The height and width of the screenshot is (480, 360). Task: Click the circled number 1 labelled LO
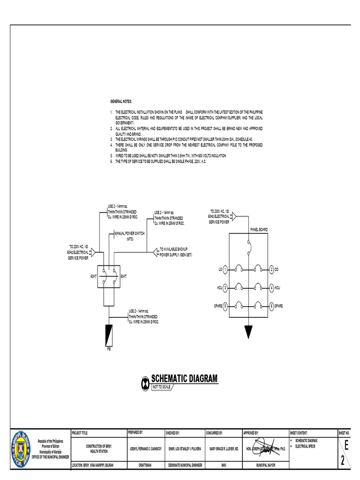click(x=225, y=270)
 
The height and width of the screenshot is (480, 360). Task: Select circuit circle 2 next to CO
click(x=271, y=270)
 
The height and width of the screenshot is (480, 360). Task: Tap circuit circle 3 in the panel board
click(x=225, y=287)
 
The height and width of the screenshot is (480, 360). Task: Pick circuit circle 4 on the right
click(x=271, y=287)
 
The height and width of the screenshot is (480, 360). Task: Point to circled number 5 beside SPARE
click(x=225, y=306)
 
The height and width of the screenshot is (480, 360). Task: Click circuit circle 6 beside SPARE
click(x=271, y=306)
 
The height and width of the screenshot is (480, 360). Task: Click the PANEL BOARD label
click(x=259, y=229)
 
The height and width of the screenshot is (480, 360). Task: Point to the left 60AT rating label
click(x=94, y=276)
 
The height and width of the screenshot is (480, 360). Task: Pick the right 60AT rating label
click(x=124, y=276)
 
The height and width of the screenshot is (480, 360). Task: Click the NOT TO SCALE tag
click(x=160, y=387)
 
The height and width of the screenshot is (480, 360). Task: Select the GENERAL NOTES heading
click(x=121, y=101)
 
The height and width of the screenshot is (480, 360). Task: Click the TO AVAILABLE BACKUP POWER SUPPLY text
click(x=176, y=252)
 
